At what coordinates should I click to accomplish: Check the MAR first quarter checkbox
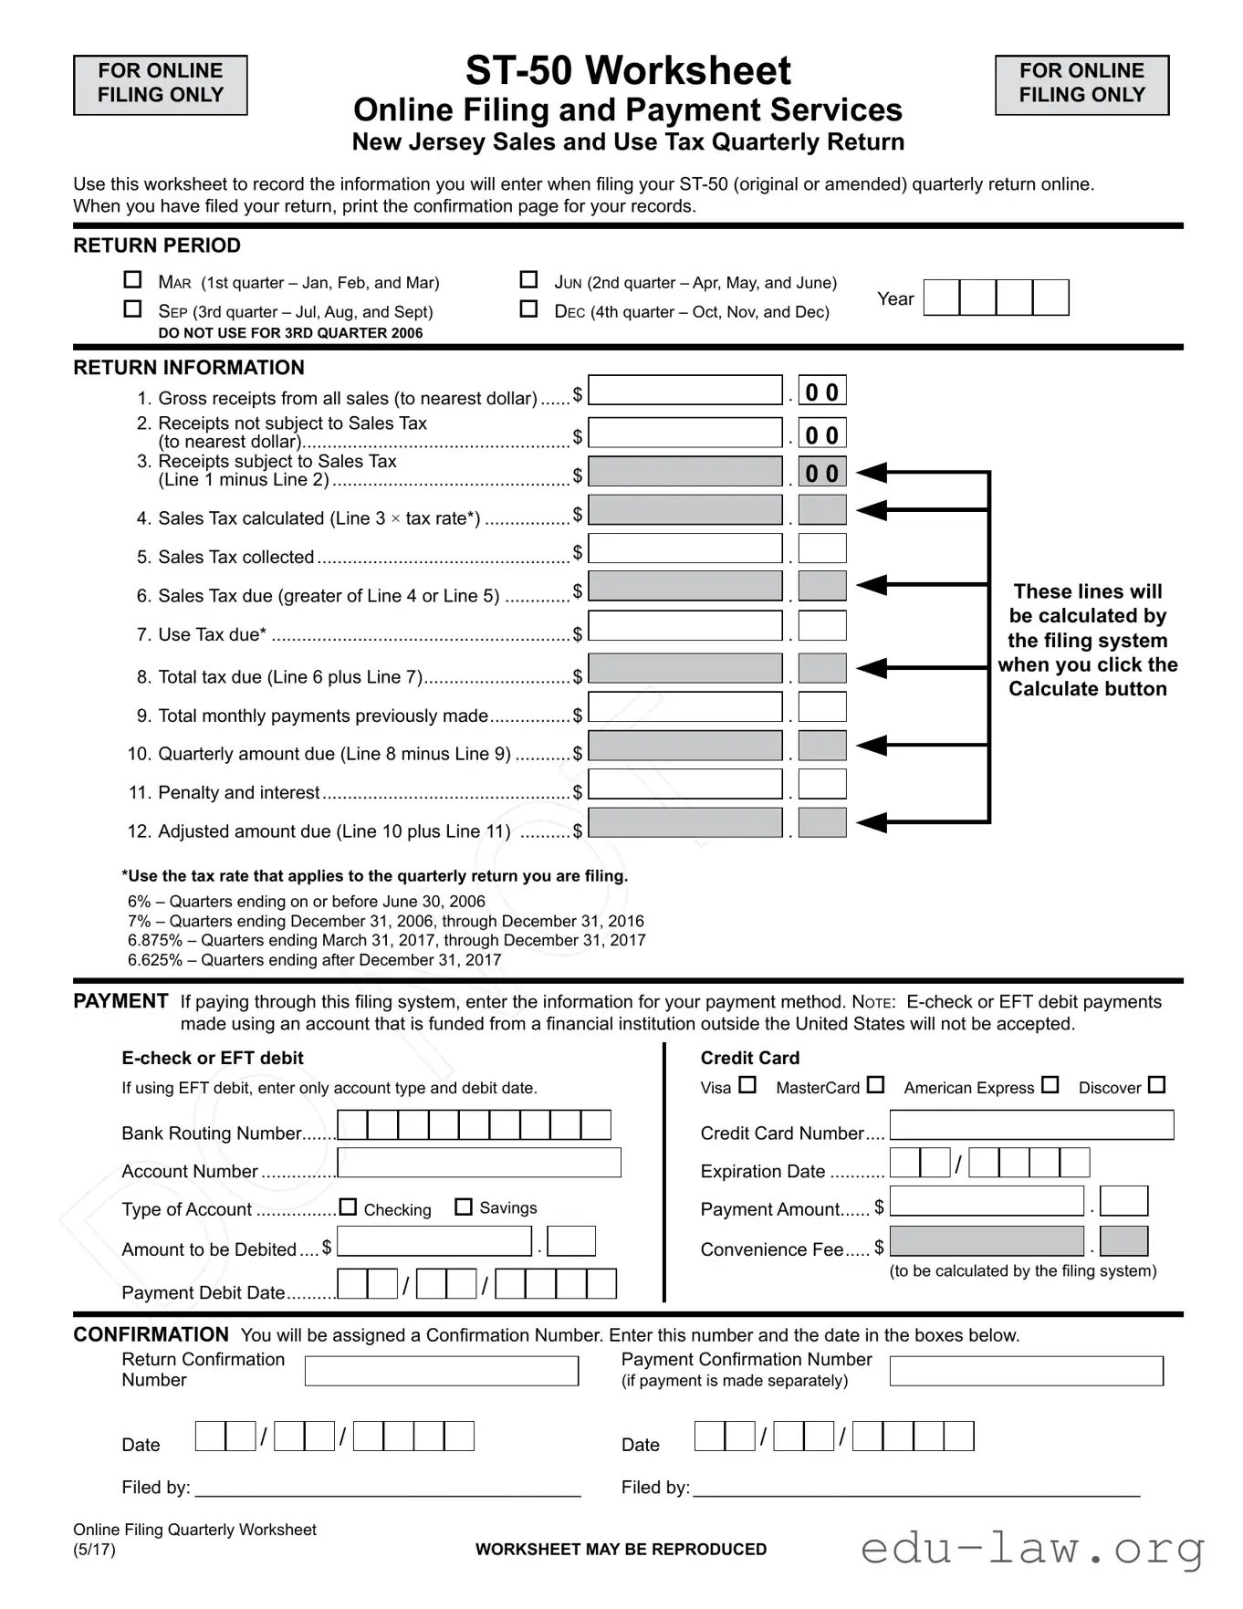coord(132,279)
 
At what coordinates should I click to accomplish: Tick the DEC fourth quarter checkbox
coord(528,308)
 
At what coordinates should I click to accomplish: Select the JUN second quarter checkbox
coord(528,279)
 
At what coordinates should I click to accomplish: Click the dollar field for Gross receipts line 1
coord(684,391)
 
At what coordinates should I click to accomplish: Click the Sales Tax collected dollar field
coord(684,549)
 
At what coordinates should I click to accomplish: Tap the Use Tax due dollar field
coord(684,626)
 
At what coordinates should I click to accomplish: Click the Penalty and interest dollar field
coord(684,785)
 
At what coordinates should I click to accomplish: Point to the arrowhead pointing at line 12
coord(872,822)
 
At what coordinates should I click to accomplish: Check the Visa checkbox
coord(747,1085)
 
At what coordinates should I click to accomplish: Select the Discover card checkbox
coord(1156,1085)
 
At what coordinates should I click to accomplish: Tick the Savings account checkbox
coord(464,1207)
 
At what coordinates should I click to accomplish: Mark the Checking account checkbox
coord(348,1207)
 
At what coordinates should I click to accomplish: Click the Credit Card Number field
coord(1031,1125)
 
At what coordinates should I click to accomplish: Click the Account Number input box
coord(479,1163)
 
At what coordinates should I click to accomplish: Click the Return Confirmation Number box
coord(442,1371)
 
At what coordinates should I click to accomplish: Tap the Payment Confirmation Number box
coord(1026,1371)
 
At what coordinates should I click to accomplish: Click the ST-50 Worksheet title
coord(628,71)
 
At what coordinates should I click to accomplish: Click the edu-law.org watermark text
coord(1032,1549)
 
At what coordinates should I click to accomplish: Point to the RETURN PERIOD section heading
coord(157,246)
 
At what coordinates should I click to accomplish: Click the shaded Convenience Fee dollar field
coord(987,1241)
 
